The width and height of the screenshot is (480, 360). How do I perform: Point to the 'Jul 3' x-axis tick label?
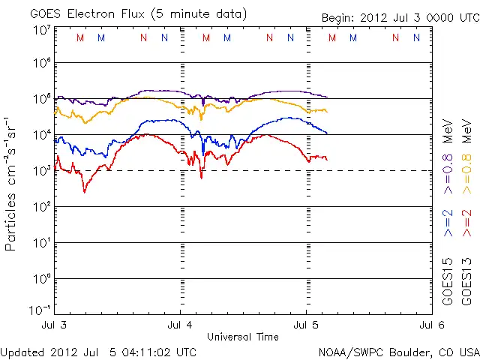click(54, 325)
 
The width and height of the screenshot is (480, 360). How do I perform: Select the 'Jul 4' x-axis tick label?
click(180, 325)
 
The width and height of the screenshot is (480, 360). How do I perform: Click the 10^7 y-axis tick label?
click(42, 30)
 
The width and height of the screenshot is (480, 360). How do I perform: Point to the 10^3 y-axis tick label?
click(42, 169)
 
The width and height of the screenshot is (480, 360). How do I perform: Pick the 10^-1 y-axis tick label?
click(40, 310)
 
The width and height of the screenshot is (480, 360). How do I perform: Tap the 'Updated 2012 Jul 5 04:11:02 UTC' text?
click(99, 351)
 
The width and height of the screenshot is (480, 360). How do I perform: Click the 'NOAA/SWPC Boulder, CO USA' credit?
click(397, 351)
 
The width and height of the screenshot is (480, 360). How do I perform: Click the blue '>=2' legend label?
click(448, 223)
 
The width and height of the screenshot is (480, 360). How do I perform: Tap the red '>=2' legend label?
click(466, 223)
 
